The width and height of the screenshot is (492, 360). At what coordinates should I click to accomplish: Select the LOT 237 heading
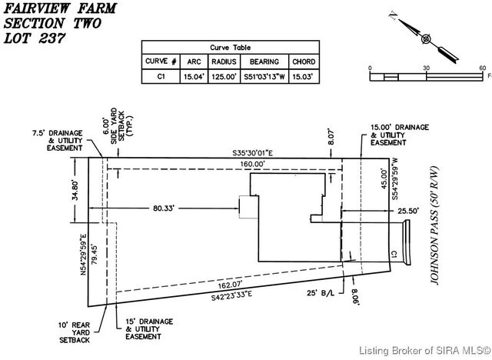coord(31,39)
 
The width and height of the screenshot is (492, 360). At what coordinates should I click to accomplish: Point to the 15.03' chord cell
coord(302,76)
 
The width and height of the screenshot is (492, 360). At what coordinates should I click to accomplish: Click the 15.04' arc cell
coord(192,76)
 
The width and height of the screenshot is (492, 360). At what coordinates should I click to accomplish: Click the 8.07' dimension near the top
coord(332,142)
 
